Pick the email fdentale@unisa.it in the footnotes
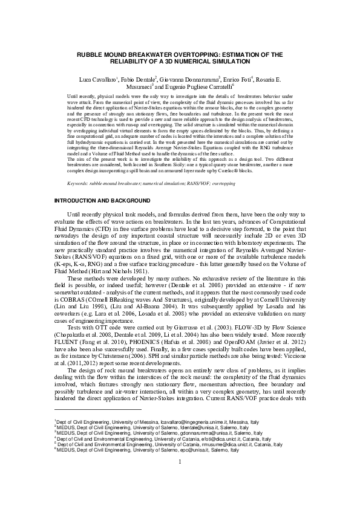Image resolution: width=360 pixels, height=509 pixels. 168,443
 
